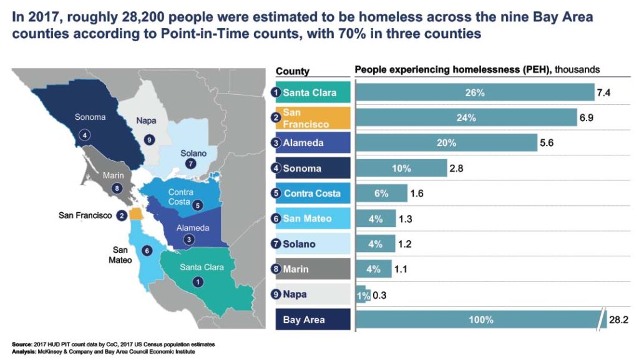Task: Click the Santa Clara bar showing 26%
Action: [474, 92]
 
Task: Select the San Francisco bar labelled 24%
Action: [466, 117]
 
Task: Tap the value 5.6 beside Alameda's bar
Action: [547, 143]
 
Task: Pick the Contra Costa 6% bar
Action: [381, 193]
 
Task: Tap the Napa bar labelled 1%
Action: [361, 294]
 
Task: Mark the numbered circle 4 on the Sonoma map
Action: [84, 134]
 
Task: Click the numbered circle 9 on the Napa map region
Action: [149, 140]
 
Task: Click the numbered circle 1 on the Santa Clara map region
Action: [197, 281]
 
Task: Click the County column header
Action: [292, 71]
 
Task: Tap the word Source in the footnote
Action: [22, 344]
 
